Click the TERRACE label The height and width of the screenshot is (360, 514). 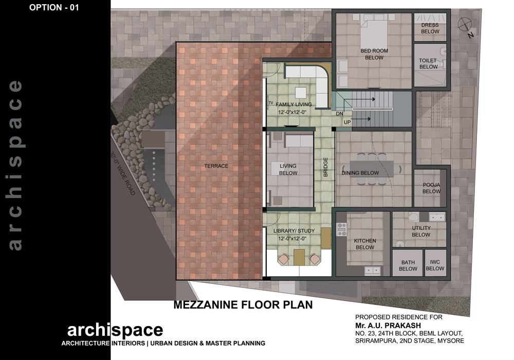pyautogui.click(x=216, y=166)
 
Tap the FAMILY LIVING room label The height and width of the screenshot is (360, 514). pyautogui.click(x=293, y=104)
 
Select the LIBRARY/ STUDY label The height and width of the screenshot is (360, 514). pyautogui.click(x=294, y=231)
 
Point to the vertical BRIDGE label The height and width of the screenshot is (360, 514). pyautogui.click(x=325, y=167)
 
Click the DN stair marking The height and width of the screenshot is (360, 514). pyautogui.click(x=340, y=114)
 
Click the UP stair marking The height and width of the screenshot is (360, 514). pyautogui.click(x=347, y=122)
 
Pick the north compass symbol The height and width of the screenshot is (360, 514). pyautogui.click(x=466, y=26)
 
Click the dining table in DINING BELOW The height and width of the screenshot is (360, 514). pyautogui.click(x=372, y=169)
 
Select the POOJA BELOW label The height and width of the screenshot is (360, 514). pyautogui.click(x=431, y=188)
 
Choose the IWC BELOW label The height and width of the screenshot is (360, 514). pyautogui.click(x=435, y=265)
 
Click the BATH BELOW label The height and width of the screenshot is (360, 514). pyautogui.click(x=408, y=265)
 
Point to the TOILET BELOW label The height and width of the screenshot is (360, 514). pyautogui.click(x=428, y=64)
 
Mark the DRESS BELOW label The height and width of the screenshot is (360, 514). pyautogui.click(x=430, y=28)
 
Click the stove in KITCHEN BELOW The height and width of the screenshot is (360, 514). pyautogui.click(x=342, y=229)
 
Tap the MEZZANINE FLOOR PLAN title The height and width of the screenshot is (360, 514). pyautogui.click(x=243, y=305)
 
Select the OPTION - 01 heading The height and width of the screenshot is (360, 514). pyautogui.click(x=54, y=8)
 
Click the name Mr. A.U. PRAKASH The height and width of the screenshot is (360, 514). pyautogui.click(x=388, y=326)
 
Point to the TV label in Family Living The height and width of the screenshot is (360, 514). pyautogui.click(x=271, y=103)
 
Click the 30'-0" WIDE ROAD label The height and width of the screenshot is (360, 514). pyautogui.click(x=123, y=174)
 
